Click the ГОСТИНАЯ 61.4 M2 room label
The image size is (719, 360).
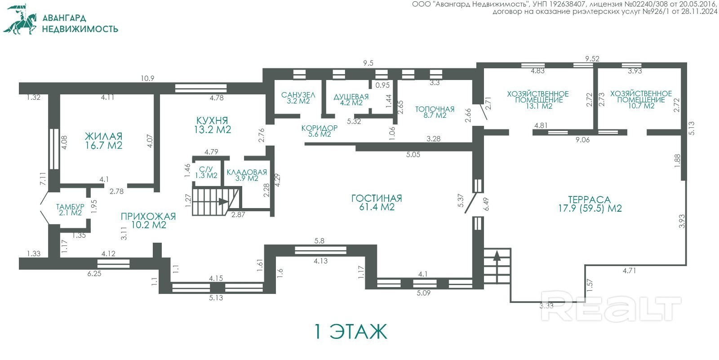click(377, 203)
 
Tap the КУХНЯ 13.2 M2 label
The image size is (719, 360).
click(213, 125)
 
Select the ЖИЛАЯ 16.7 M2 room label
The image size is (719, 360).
click(104, 141)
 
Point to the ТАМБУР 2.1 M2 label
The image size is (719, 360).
click(70, 210)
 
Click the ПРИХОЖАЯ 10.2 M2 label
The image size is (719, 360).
click(148, 221)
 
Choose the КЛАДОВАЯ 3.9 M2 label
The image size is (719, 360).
click(247, 175)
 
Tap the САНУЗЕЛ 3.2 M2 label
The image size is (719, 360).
click(298, 98)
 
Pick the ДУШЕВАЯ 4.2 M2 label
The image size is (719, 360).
click(351, 100)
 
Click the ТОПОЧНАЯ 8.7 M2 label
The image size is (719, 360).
click(435, 112)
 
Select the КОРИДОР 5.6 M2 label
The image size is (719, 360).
click(320, 131)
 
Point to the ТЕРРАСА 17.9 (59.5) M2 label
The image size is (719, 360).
click(590, 204)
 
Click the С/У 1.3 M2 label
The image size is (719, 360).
click(206, 173)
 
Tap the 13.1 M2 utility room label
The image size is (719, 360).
click(537, 100)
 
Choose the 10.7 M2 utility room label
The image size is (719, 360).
click(641, 100)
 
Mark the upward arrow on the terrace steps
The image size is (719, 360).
click(497, 267)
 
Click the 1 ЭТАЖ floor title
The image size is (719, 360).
click(351, 332)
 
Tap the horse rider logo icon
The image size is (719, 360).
click(20, 19)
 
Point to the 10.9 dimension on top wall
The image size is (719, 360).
click(147, 78)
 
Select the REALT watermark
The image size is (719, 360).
click(611, 306)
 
